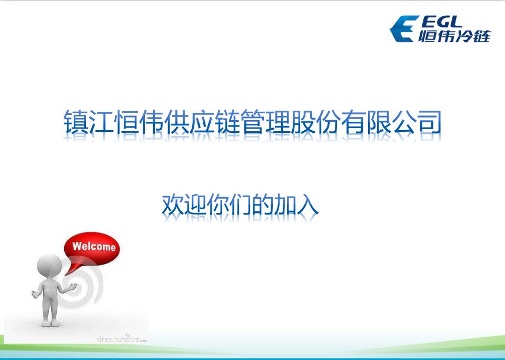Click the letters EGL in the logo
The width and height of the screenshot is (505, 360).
pos(441,22)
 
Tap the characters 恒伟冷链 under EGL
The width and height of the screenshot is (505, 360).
pos(454,36)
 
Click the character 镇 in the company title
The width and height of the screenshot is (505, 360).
pos(76,122)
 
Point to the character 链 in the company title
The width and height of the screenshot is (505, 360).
pos(227,122)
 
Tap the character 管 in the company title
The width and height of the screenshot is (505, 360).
pos(252,122)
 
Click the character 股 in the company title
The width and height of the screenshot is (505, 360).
pos(302,122)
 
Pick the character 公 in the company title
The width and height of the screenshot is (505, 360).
pos(403,122)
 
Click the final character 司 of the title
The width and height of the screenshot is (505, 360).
pos(429,122)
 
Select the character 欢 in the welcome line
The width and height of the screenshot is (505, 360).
pos(173,205)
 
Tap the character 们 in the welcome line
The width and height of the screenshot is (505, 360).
pos(240,205)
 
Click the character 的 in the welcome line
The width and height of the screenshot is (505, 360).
pos(263,205)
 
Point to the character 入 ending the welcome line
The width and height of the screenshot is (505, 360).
pos(308,205)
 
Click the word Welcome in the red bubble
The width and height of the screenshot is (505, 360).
pos(94,247)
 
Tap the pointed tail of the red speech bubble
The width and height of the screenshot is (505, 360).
pos(66,274)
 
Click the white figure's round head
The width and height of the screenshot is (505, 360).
pos(49,266)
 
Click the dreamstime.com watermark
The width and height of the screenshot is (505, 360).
pos(122,338)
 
